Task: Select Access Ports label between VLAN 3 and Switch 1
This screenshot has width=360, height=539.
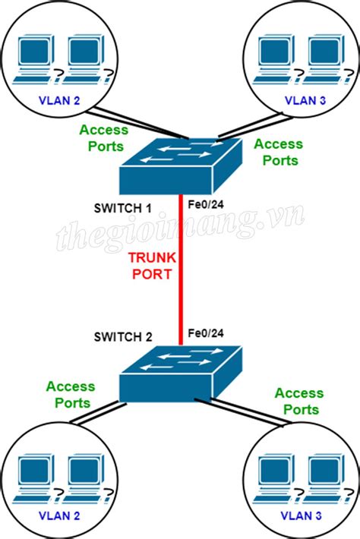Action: pyautogui.click(x=277, y=152)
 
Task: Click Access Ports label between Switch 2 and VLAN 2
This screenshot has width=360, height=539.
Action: pyautogui.click(x=70, y=395)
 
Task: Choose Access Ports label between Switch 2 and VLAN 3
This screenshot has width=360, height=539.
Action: pyautogui.click(x=298, y=401)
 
